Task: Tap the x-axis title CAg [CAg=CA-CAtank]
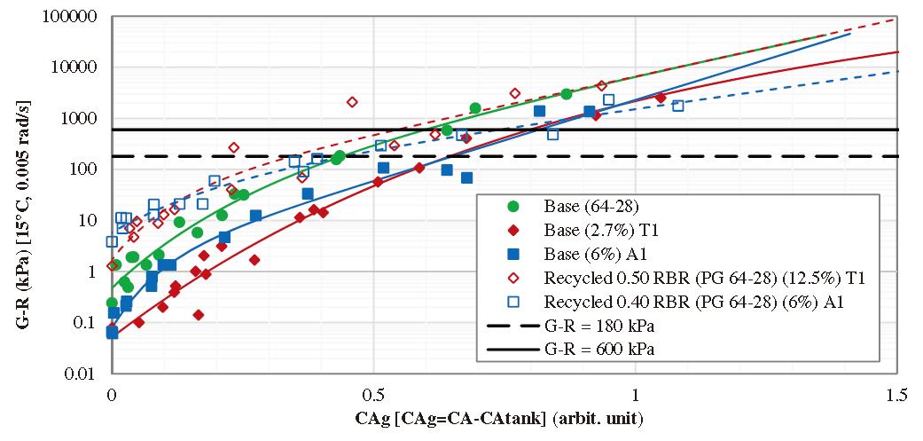(503, 416)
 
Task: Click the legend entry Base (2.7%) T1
(593, 229)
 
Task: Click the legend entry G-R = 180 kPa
(600, 327)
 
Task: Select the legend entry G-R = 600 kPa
(600, 350)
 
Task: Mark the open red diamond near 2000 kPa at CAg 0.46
(352, 102)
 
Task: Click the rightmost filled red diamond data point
(661, 98)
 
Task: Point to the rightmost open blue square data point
(678, 106)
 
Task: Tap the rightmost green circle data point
(567, 94)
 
